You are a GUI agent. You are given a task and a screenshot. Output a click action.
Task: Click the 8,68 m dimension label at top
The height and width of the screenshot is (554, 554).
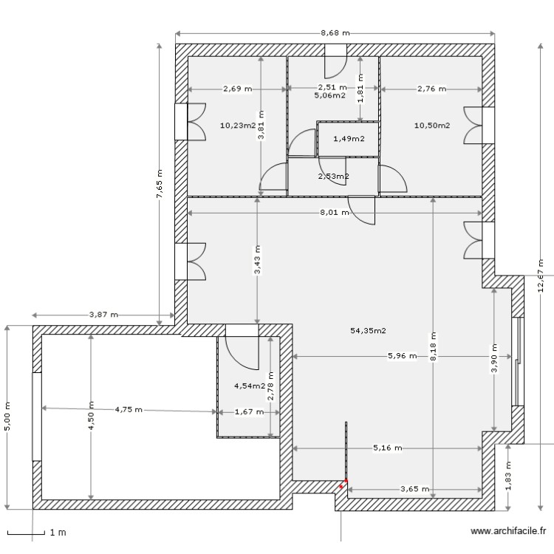click(335, 33)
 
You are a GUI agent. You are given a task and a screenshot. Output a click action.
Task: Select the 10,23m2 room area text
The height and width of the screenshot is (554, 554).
click(237, 125)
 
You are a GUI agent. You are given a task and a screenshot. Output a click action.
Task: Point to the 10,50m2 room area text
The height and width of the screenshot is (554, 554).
click(432, 125)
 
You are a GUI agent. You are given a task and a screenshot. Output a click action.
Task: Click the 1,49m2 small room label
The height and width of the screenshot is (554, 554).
click(348, 139)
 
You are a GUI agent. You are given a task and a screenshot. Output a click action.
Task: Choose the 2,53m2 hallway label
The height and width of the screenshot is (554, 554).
click(333, 176)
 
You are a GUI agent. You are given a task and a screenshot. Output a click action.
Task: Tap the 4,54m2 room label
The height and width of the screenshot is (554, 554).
click(249, 386)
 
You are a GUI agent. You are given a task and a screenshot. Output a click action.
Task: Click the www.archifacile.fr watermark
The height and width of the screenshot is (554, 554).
click(508, 531)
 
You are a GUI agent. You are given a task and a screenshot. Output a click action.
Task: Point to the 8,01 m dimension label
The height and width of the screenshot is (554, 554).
click(334, 213)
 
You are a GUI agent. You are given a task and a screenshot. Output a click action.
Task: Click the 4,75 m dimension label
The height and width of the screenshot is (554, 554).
click(129, 408)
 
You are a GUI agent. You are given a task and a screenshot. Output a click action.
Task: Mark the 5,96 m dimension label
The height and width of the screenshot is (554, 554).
click(402, 356)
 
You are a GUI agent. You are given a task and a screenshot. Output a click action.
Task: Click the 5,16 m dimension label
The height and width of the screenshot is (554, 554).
click(387, 448)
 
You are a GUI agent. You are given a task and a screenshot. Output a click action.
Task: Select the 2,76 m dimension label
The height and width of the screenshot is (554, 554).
click(431, 89)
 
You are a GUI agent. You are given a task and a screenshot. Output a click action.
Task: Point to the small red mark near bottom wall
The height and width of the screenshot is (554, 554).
click(342, 485)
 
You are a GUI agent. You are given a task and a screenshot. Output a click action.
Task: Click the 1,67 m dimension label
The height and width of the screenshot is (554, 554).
click(248, 413)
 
